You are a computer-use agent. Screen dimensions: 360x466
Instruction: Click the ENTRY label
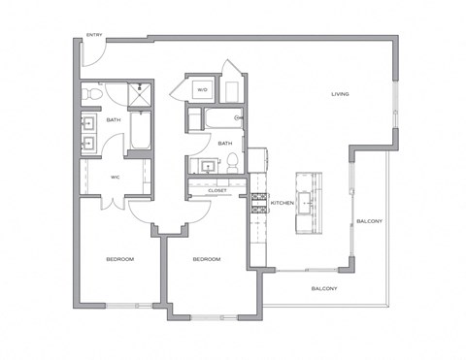[94, 36]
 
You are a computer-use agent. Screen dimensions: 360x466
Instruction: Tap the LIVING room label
[339, 94]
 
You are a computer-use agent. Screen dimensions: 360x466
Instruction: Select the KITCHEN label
[282, 203]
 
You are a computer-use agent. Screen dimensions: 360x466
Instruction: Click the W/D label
[202, 90]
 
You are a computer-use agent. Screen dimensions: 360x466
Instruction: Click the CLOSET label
[217, 191]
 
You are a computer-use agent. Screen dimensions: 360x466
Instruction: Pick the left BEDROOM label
[119, 259]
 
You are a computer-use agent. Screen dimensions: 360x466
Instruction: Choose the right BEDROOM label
[206, 259]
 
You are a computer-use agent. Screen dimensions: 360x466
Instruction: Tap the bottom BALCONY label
[323, 289]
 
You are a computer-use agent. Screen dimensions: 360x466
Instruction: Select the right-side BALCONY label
[369, 220]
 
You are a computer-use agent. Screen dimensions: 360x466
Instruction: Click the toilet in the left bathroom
[89, 95]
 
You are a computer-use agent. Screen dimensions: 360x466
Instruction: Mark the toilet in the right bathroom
[233, 167]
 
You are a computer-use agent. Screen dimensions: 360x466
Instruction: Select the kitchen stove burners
[259, 203]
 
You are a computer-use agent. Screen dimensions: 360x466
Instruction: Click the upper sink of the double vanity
[87, 123]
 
